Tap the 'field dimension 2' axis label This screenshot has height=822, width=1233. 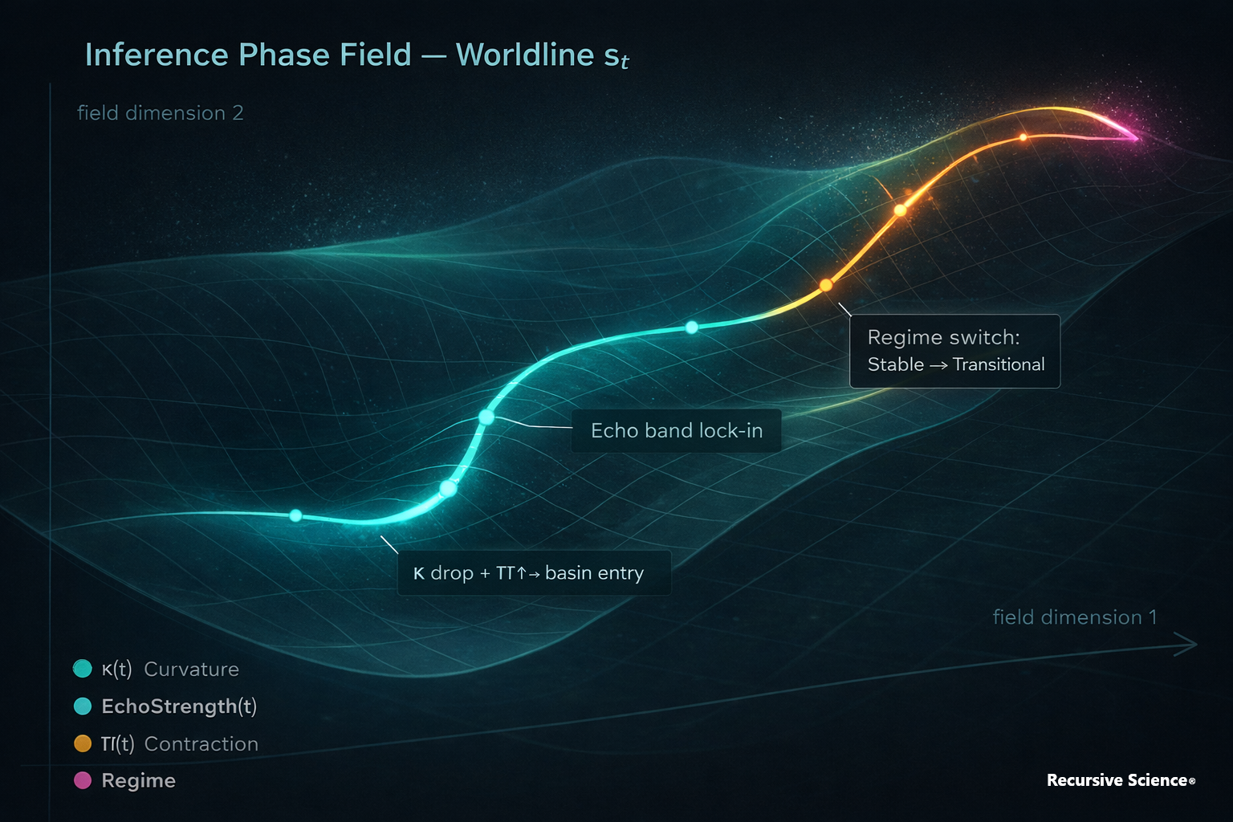[x=160, y=113]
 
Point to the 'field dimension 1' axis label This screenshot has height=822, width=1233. [x=1074, y=617]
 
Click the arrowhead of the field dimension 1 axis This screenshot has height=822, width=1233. [x=1190, y=644]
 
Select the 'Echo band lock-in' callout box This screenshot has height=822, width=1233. [x=676, y=431]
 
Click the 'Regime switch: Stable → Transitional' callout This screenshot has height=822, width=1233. [x=954, y=352]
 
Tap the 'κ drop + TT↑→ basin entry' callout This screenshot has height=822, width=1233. [x=534, y=573]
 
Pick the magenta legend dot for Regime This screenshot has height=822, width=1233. [x=83, y=780]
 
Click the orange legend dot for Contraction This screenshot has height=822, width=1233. [x=83, y=743]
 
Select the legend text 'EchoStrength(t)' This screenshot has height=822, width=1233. [x=179, y=706]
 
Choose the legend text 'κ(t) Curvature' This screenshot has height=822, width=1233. [x=170, y=669]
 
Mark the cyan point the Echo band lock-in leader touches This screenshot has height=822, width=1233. [x=486, y=417]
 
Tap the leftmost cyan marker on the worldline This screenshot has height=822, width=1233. [x=295, y=515]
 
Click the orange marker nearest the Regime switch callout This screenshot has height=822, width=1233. [x=825, y=285]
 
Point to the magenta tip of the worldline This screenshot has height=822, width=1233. [x=1135, y=137]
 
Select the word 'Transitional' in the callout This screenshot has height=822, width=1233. [x=999, y=365]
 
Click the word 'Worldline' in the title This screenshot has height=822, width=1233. [x=525, y=55]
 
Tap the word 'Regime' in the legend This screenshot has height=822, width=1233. [x=138, y=780]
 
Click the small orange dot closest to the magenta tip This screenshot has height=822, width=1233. [x=1023, y=137]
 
